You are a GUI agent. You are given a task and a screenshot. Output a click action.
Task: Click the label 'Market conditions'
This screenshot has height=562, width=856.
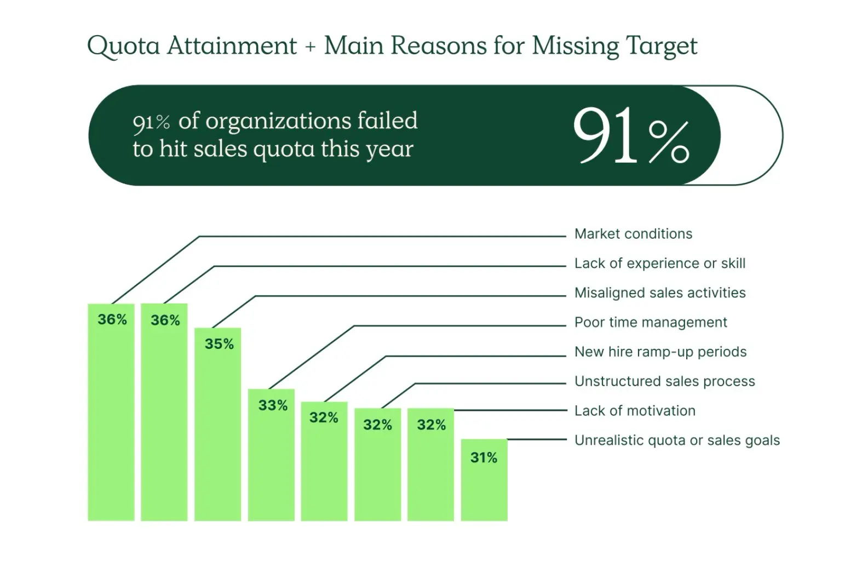[x=633, y=234]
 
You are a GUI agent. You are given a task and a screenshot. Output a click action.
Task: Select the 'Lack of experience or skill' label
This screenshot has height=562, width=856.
[x=659, y=263]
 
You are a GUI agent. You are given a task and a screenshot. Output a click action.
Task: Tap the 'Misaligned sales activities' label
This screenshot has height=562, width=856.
[x=659, y=293]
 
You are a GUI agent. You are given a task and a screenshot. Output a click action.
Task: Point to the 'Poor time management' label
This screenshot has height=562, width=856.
[x=651, y=323]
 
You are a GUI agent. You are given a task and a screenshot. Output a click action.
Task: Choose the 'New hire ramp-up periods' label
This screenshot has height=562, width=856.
[x=660, y=352]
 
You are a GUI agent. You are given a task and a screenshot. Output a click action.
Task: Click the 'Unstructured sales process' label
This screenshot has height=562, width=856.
[x=664, y=381]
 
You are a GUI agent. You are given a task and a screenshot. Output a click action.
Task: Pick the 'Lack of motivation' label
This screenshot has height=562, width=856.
[x=635, y=411]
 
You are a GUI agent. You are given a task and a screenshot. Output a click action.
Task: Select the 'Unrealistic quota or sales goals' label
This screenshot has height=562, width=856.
[x=677, y=440]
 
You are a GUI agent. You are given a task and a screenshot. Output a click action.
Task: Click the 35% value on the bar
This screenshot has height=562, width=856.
[x=219, y=344]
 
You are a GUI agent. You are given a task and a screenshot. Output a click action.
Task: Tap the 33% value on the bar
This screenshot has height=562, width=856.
[x=273, y=405]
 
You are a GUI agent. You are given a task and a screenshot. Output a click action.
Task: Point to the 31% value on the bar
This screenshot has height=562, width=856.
[x=484, y=458]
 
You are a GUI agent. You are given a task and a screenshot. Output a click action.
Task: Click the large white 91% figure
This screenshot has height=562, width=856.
[x=630, y=136]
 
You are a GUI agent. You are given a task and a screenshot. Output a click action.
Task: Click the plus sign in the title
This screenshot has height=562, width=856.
[x=311, y=47]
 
